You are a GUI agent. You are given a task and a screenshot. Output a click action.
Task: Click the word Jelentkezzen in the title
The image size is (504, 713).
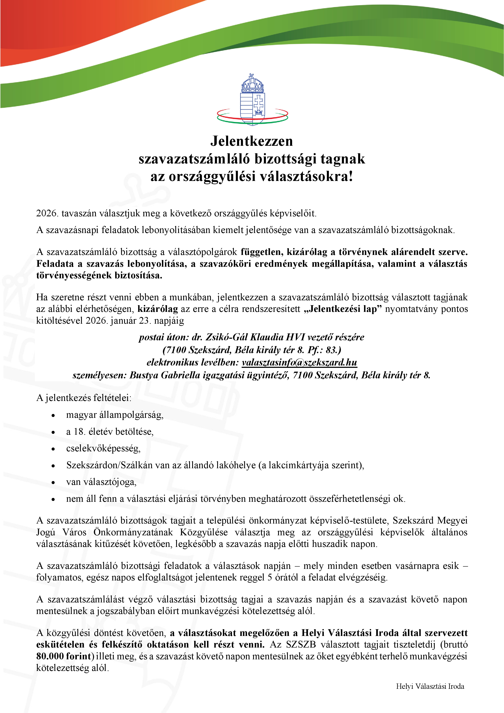click(252, 141)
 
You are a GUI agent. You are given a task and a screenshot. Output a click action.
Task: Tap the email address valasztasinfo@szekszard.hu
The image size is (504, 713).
click(299, 362)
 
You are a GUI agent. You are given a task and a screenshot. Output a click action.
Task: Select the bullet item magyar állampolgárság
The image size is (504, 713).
click(115, 415)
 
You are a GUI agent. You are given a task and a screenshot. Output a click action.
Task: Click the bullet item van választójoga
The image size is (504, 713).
click(101, 482)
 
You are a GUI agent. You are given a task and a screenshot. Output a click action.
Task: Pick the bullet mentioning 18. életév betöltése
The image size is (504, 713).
click(110, 432)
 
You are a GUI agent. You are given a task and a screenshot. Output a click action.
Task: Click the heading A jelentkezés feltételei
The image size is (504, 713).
click(84, 398)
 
